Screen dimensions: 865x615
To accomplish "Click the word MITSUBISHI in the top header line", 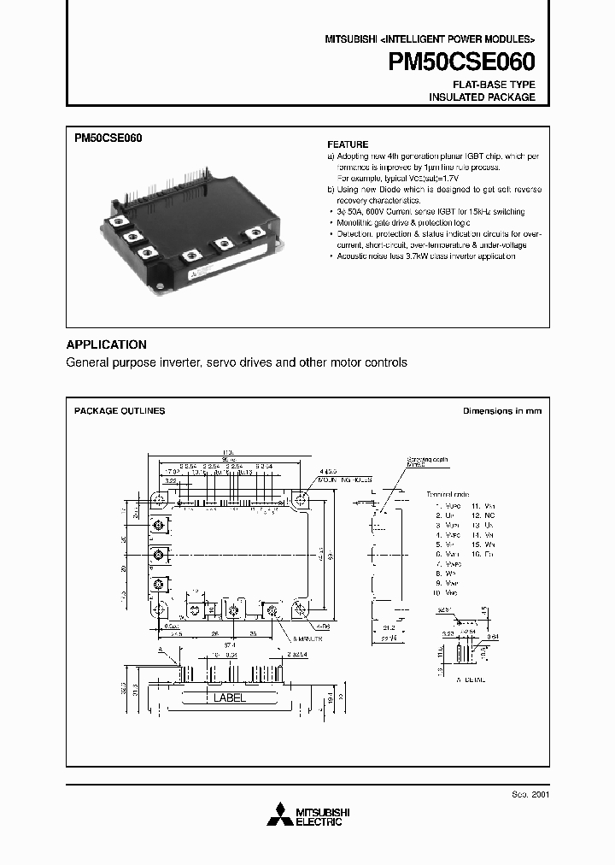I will click(351, 40).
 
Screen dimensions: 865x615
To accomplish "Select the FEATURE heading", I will click(348, 144).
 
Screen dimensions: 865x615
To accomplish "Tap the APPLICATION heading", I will click(107, 344).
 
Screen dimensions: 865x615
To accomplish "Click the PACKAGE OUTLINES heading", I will click(120, 411).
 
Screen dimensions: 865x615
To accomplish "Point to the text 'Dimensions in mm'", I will click(502, 411).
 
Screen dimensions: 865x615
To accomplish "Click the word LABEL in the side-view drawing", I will click(228, 697).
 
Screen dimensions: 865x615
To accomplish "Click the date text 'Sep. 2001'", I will click(530, 794).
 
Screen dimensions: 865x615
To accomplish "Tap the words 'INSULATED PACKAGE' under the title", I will click(482, 97).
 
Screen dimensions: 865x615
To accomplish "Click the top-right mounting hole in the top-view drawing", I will click(300, 499).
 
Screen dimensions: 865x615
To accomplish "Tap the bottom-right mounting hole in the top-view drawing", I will click(300, 609).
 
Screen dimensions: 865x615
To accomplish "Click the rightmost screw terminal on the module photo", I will click(254, 231).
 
